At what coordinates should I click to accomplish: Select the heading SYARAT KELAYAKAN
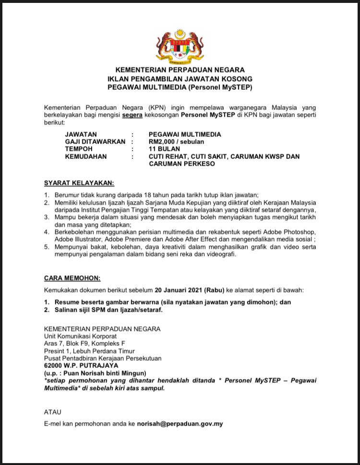coord(79,183)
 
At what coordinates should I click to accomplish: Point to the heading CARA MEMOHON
coord(72,278)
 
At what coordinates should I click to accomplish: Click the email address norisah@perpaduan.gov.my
coord(180,424)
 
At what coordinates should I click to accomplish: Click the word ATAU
coord(53,412)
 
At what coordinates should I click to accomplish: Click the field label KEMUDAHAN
coord(86,157)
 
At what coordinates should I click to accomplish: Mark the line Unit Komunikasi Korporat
coord(80,336)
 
